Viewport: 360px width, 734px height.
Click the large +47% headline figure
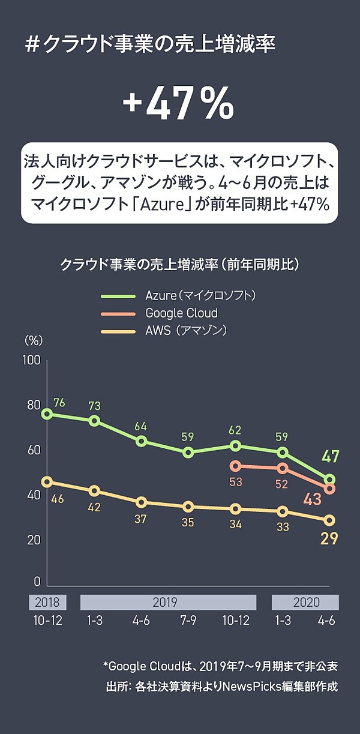(x=178, y=104)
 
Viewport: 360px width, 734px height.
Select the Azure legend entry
(x=200, y=295)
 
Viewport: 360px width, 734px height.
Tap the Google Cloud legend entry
(x=181, y=313)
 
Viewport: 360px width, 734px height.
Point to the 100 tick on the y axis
(x=32, y=360)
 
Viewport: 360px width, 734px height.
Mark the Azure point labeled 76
(x=47, y=414)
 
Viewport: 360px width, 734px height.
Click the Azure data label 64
(x=141, y=427)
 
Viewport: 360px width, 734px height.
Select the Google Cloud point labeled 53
(x=236, y=466)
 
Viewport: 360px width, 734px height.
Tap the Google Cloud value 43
(x=312, y=499)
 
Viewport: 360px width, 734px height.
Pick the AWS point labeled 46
(x=47, y=482)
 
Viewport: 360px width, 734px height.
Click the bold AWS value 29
(x=329, y=538)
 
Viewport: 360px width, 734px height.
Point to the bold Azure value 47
(x=330, y=457)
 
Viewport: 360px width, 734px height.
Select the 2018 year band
(x=47, y=603)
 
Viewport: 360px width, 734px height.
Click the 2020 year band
(x=305, y=603)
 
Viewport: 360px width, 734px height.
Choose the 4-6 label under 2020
(x=326, y=621)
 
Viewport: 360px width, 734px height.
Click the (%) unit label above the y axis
(x=34, y=340)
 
